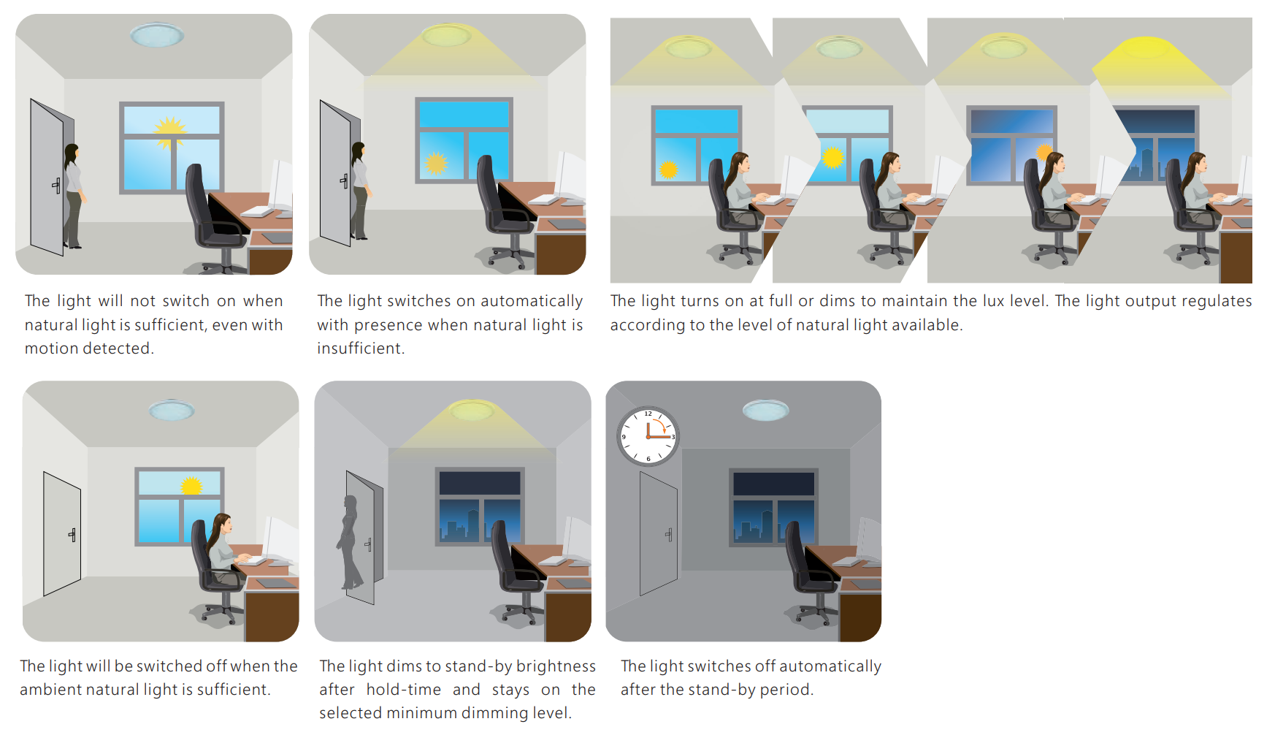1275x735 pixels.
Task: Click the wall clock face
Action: tap(648, 436)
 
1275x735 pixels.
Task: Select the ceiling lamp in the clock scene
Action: tap(765, 410)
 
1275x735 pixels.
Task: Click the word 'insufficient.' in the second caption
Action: tap(361, 349)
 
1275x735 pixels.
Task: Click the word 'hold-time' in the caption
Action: tap(404, 690)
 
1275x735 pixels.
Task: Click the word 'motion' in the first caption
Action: tap(50, 349)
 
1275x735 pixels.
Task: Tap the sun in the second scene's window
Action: tap(436, 162)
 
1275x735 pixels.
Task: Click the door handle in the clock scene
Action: tap(669, 535)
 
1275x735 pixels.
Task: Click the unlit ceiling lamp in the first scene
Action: tap(157, 34)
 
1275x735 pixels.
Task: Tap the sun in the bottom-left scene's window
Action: tap(191, 486)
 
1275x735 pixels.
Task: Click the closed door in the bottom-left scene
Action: tap(62, 533)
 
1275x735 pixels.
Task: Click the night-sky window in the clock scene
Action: tap(774, 507)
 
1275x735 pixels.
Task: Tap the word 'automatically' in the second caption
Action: tap(532, 301)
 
